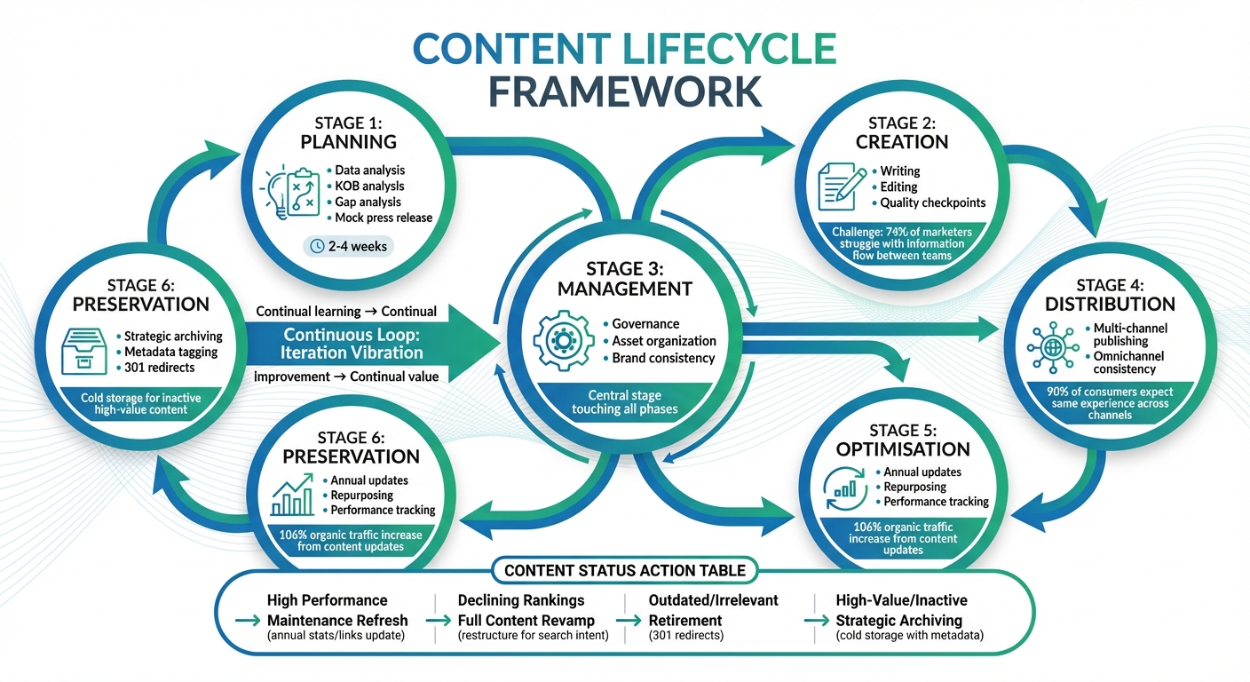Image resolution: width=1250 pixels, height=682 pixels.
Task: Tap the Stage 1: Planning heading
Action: [348, 132]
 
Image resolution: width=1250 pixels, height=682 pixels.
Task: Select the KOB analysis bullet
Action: [369, 186]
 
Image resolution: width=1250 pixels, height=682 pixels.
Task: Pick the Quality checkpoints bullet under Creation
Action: [932, 202]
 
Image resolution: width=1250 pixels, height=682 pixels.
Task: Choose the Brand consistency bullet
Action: [663, 358]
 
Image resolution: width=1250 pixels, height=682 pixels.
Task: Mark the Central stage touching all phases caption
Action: [625, 402]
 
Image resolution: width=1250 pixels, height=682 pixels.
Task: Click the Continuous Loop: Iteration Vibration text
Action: [353, 344]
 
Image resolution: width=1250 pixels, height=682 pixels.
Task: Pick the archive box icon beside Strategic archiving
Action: [87, 352]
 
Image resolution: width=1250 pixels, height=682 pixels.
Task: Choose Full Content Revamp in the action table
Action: [526, 620]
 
